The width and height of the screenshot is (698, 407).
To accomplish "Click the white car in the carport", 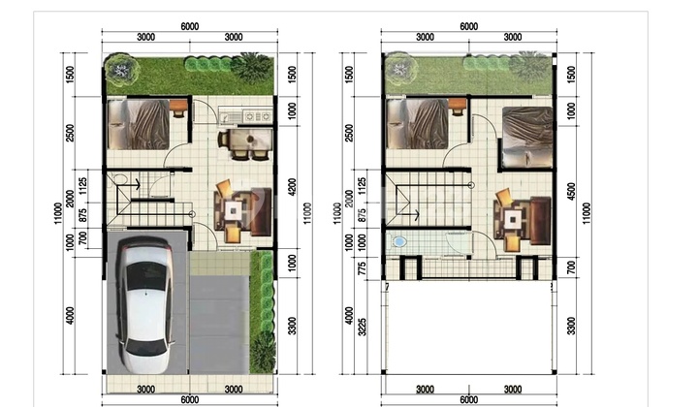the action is pyautogui.click(x=145, y=304).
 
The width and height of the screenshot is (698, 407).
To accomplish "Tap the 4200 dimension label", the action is pyautogui.click(x=292, y=187).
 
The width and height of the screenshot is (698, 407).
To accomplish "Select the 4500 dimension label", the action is pyautogui.click(x=572, y=192).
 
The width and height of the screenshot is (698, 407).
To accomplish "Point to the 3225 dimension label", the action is pyautogui.click(x=363, y=327).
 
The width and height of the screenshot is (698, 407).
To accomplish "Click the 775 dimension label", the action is pyautogui.click(x=363, y=268).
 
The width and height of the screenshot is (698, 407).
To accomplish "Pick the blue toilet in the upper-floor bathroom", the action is pyautogui.click(x=398, y=242).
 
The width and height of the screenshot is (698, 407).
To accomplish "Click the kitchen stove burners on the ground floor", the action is pyautogui.click(x=257, y=116).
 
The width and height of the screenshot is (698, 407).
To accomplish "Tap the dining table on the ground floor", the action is pyautogui.click(x=250, y=140).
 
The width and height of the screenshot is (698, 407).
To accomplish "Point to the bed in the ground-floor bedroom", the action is pyautogui.click(x=139, y=124).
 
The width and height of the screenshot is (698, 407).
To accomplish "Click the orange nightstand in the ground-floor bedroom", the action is pyautogui.click(x=178, y=107).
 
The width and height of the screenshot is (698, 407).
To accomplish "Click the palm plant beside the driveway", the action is pyautogui.click(x=262, y=351).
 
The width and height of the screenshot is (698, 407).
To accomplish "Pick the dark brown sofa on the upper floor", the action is pyautogui.click(x=540, y=221).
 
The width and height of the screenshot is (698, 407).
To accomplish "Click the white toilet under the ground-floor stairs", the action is pyautogui.click(x=120, y=179).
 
